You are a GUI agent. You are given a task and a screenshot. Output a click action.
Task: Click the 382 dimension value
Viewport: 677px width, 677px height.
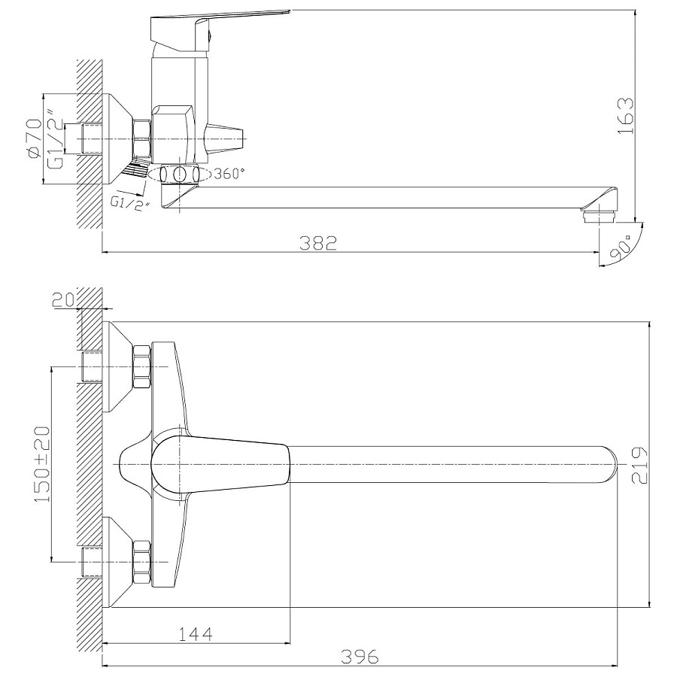tap(317, 243)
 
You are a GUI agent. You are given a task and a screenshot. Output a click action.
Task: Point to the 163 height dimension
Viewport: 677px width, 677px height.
tap(626, 116)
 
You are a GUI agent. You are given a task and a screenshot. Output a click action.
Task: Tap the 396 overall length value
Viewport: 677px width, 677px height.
tap(360, 657)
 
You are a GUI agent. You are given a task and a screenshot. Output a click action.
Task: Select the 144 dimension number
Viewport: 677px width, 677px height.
tap(196, 634)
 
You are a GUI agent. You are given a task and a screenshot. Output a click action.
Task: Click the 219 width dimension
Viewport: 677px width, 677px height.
tap(639, 465)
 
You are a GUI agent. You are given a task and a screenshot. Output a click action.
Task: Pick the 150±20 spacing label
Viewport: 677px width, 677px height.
tap(42, 464)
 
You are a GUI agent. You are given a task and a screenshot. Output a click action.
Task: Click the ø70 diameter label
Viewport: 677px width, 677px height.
tap(34, 139)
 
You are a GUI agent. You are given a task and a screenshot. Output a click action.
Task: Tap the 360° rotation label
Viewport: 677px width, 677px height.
tap(229, 174)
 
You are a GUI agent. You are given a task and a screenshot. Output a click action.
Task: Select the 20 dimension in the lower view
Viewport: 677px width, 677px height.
tap(63, 299)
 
